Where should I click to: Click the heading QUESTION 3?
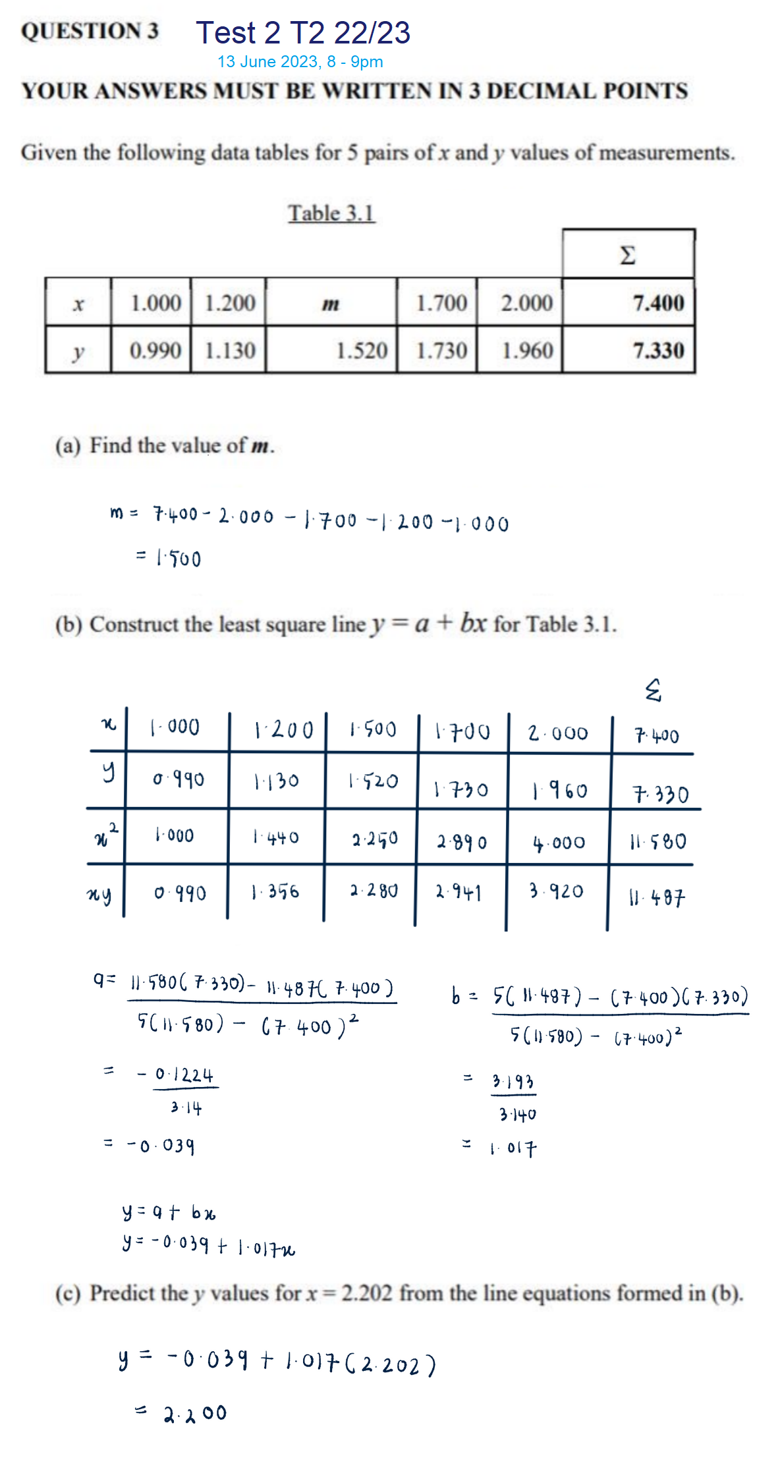tap(90, 31)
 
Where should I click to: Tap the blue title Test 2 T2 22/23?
tap(303, 33)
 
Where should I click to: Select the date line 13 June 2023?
tap(300, 62)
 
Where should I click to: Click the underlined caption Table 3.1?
tap(331, 213)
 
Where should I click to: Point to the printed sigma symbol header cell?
tap(628, 254)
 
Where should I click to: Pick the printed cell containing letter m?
tap(331, 304)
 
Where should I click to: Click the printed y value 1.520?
tap(361, 350)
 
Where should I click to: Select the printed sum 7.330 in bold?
tap(658, 350)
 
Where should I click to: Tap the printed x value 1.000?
tap(155, 303)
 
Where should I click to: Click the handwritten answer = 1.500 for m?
tap(170, 559)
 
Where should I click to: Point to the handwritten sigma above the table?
tap(652, 690)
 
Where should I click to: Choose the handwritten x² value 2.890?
tap(462, 842)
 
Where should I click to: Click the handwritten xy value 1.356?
tap(275, 892)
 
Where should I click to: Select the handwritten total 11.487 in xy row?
tap(656, 897)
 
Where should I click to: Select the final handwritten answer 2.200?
tap(194, 1413)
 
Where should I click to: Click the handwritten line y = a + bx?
tap(169, 1212)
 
